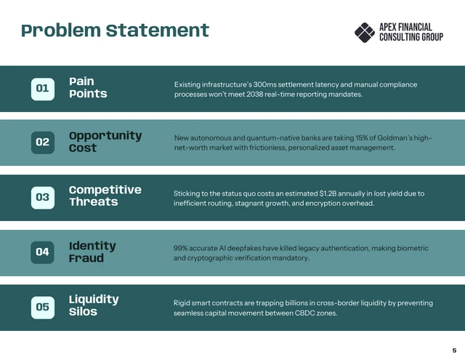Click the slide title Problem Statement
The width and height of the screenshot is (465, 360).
[x=115, y=31]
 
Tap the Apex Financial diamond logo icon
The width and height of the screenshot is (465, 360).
[x=364, y=32]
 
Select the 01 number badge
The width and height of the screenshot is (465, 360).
[x=42, y=89]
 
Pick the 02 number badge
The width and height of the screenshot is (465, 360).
[x=42, y=142]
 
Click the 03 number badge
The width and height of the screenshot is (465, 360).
[x=42, y=196]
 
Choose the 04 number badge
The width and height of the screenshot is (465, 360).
[x=42, y=252]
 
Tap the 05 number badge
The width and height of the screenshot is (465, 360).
[x=42, y=306]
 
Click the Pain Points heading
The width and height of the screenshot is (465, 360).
[x=87, y=88]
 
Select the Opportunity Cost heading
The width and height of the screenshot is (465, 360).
[x=105, y=142]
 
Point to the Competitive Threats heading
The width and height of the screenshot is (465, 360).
[x=105, y=196]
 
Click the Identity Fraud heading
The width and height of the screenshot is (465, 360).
[x=92, y=252]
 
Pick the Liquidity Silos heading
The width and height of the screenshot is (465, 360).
[x=93, y=305]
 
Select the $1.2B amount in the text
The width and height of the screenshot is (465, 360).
[x=332, y=193]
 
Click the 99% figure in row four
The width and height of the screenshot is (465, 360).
[x=182, y=248]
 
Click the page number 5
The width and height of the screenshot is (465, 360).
[x=454, y=350]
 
